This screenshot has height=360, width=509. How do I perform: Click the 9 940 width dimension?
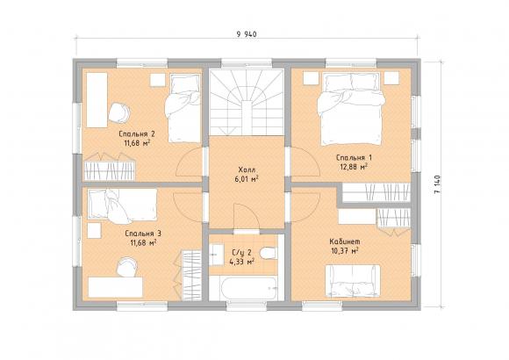pyautogui.click(x=247, y=33)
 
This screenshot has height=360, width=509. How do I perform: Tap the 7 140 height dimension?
pyautogui.click(x=437, y=184)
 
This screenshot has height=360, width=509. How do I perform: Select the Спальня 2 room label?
pyautogui.click(x=137, y=133)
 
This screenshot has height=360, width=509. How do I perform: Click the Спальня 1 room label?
pyautogui.click(x=355, y=157)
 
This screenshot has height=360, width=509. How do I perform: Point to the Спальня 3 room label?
pyautogui.click(x=143, y=234)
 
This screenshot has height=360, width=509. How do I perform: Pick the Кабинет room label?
pyautogui.click(x=345, y=241)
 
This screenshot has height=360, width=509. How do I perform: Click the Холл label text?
pyautogui.click(x=247, y=169)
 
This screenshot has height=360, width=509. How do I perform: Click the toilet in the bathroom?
pyautogui.click(x=269, y=253)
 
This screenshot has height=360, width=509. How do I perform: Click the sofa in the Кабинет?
pyautogui.click(x=353, y=281)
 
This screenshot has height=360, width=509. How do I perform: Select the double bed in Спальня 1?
pyautogui.click(x=351, y=109)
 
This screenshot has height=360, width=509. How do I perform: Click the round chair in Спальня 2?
pyautogui.click(x=119, y=112)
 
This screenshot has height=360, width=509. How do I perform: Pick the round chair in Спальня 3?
pyautogui.click(x=127, y=267)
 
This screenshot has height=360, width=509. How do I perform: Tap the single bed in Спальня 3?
pyautogui.click(x=123, y=205)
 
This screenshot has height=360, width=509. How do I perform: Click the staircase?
pyautogui.click(x=247, y=103)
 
